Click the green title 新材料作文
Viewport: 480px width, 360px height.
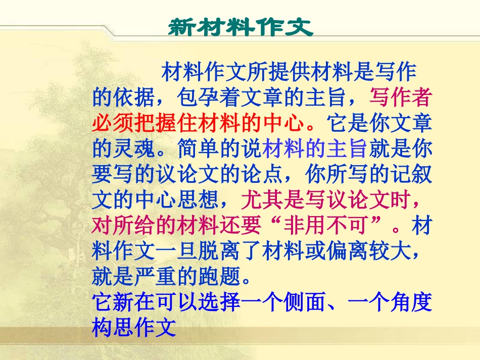240,28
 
